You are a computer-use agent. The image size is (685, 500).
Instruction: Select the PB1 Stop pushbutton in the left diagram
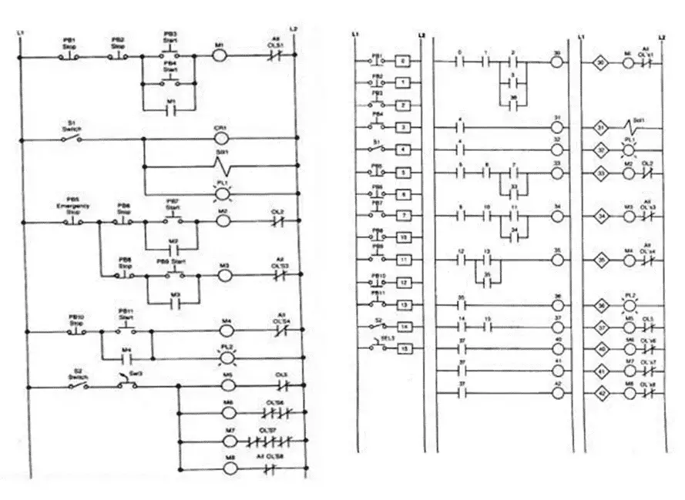[70, 56]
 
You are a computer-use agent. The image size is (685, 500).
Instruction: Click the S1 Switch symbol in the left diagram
[72, 140]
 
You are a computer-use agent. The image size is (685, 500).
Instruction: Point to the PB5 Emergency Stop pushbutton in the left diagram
[74, 223]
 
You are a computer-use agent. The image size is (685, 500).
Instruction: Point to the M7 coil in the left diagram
[230, 441]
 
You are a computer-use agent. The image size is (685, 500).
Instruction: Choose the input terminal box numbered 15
[403, 349]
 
